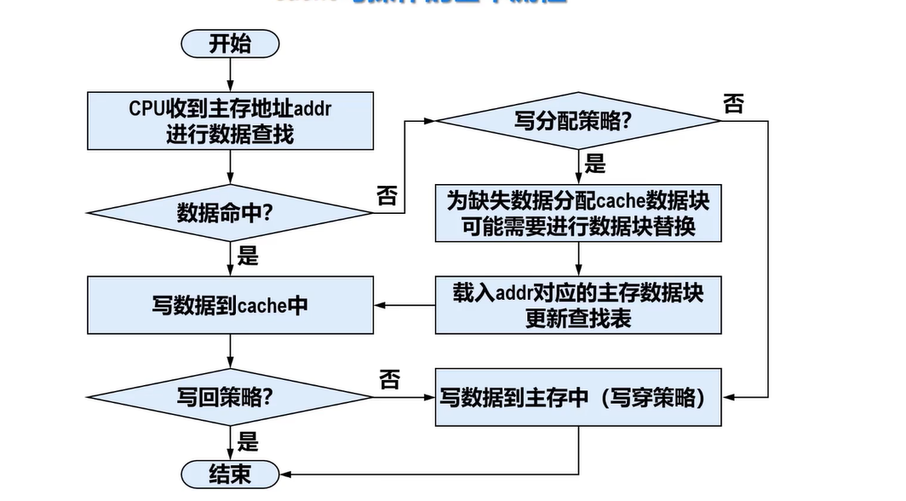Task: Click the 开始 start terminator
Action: tap(231, 43)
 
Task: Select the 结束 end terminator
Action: tap(231, 475)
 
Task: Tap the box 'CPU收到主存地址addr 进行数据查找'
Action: tap(230, 120)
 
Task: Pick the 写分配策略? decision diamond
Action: tap(578, 120)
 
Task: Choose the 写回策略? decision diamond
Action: tap(230, 397)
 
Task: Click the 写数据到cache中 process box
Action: tap(230, 305)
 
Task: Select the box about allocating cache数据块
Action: tap(578, 214)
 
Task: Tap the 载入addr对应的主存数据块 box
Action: tap(578, 305)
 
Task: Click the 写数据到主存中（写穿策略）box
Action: tap(578, 397)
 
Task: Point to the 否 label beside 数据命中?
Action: tap(387, 196)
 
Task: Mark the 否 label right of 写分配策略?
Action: tap(733, 104)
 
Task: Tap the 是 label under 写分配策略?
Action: tap(595, 163)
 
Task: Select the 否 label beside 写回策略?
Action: tap(388, 379)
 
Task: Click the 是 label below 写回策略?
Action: tap(248, 441)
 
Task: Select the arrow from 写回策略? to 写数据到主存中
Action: tap(404, 397)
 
